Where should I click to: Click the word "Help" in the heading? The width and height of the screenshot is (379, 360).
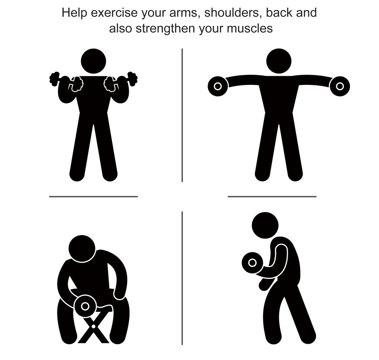click(74, 13)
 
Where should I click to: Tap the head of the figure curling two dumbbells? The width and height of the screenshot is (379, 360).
click(93, 61)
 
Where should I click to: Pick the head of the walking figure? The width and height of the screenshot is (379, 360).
click(265, 225)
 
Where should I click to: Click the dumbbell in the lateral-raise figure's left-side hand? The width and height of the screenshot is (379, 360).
click(218, 86)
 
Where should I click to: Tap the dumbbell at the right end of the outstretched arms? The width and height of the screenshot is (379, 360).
click(340, 86)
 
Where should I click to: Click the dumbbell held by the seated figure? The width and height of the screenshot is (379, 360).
click(85, 306)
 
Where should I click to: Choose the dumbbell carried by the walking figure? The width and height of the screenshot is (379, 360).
click(252, 262)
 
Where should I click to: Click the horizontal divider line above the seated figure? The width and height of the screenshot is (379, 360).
click(93, 196)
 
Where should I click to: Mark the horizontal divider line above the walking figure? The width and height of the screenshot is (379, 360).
click(272, 196)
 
